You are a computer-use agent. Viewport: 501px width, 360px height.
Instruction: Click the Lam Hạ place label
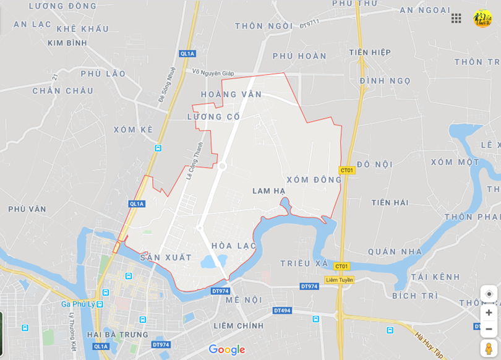[269, 191]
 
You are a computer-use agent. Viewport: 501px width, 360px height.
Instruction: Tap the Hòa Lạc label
[234, 246]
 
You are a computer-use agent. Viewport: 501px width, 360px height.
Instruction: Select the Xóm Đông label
[314, 179]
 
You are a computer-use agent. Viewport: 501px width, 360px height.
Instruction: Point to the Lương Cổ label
[213, 116]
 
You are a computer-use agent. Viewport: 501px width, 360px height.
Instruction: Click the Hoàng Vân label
[231, 95]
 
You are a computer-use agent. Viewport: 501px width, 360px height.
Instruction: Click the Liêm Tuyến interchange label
[340, 280]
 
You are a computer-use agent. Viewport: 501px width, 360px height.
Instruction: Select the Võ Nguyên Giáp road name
[213, 72]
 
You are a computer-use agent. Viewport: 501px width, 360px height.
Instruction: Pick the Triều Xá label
[304, 263]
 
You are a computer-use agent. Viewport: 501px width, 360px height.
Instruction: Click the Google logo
[227, 349]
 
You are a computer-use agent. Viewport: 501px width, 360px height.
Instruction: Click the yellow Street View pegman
[489, 349]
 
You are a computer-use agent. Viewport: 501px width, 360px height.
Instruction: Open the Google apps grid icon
[456, 18]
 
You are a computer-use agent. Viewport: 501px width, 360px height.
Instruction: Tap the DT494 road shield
[281, 311]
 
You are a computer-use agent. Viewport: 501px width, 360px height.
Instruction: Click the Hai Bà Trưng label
[118, 335]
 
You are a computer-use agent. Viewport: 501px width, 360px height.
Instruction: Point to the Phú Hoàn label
[299, 56]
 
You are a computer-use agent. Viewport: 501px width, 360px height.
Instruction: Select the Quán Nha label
[395, 252]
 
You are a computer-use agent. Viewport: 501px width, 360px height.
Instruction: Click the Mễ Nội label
[244, 300]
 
